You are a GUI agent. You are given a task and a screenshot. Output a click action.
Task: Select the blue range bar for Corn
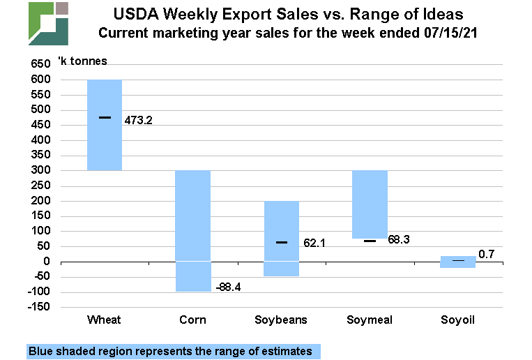[x=192, y=230]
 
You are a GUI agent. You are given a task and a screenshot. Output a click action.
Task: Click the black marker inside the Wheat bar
[x=105, y=117]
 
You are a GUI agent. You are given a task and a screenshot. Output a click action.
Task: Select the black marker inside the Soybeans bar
[x=281, y=242]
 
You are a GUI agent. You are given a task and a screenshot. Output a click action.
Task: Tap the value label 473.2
[x=138, y=120]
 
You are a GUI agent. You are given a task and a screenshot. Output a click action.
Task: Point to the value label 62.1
[x=314, y=244]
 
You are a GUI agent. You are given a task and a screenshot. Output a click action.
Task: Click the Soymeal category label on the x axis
[x=370, y=320]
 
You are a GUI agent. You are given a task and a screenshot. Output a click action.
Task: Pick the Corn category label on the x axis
[x=192, y=320]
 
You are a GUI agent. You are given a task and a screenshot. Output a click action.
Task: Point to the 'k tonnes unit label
[x=87, y=61]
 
